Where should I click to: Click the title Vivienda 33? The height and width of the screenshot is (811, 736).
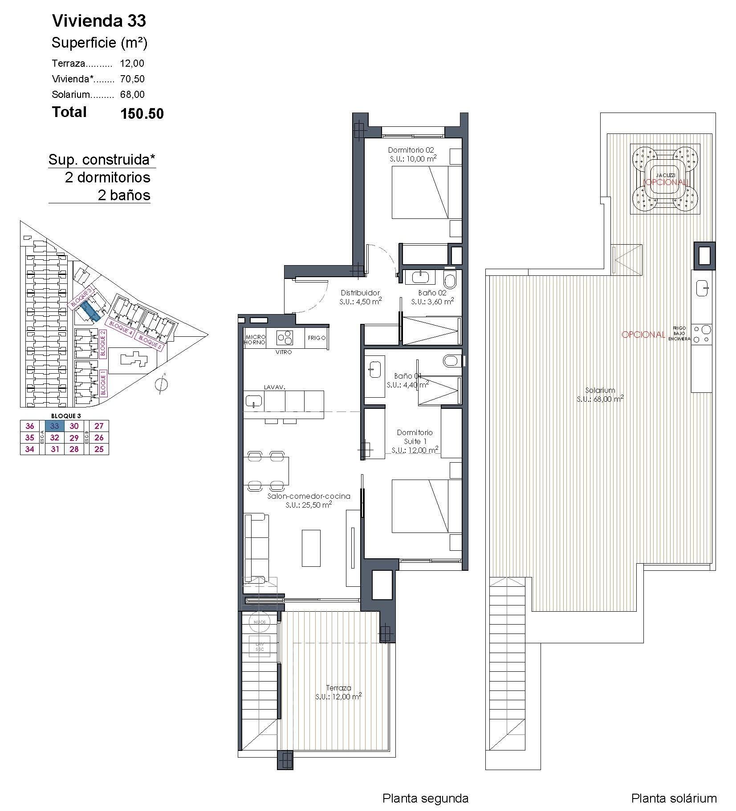[99, 21]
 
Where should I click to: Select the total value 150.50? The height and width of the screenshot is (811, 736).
[142, 114]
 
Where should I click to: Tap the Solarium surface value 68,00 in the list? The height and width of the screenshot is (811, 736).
[132, 94]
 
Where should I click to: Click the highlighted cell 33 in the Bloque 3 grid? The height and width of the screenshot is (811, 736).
[54, 426]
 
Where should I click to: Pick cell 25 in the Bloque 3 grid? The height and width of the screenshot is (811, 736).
[99, 449]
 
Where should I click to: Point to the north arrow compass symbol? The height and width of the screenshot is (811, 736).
[161, 385]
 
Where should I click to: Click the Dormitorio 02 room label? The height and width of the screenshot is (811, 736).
[411, 150]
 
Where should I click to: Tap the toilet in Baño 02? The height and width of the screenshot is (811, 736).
[450, 281]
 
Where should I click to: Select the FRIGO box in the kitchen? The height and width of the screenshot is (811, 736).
[317, 338]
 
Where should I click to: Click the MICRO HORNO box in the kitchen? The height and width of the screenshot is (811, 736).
[255, 340]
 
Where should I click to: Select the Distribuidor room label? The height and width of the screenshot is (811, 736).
[360, 293]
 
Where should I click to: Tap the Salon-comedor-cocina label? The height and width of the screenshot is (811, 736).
[309, 496]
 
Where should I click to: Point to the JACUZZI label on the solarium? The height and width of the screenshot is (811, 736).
[665, 175]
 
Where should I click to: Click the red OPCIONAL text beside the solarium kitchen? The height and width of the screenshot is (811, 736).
[643, 335]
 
